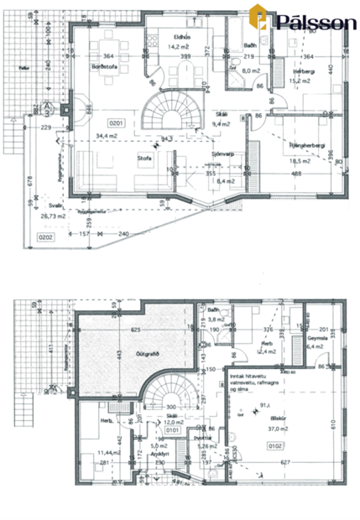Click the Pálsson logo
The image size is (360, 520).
click(x=306, y=21)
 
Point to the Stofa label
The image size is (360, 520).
click(x=144, y=156)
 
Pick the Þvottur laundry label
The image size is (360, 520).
click(x=201, y=437)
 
